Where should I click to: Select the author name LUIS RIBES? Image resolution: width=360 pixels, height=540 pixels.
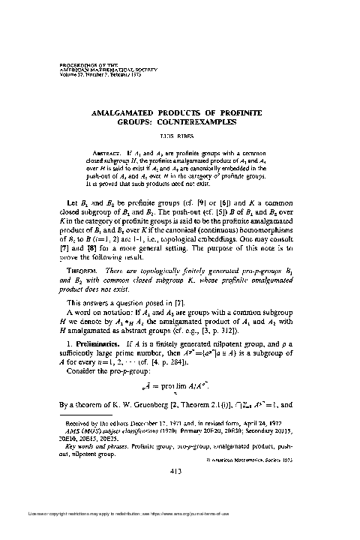180,139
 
